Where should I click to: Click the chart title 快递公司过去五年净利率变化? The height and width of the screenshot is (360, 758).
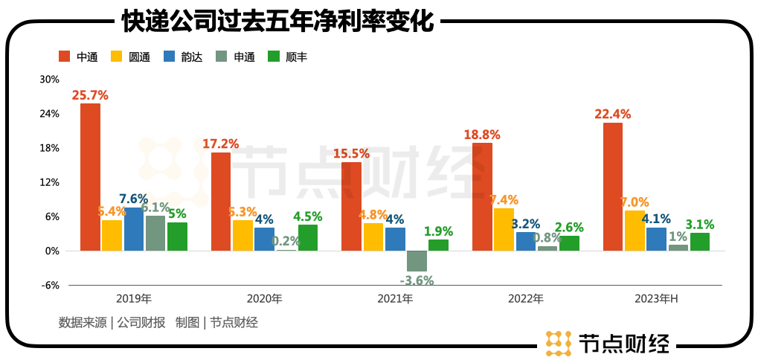point(277,20)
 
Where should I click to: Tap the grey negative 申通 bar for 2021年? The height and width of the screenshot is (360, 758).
point(417,261)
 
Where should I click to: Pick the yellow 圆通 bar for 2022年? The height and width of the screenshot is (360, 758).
point(504,229)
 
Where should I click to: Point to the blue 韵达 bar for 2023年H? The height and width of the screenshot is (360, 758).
point(656,239)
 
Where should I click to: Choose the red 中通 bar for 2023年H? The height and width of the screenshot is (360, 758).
point(613,187)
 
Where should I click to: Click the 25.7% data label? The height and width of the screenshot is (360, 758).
point(90,95)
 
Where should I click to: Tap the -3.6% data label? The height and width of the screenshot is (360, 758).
point(417,280)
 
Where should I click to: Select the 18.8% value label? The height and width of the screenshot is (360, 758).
point(482,135)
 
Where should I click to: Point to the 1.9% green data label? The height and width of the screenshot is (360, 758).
point(439,231)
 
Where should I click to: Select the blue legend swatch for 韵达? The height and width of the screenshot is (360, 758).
point(168,57)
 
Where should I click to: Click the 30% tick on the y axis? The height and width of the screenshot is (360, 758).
point(49,80)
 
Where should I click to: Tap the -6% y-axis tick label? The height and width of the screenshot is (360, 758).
point(49,285)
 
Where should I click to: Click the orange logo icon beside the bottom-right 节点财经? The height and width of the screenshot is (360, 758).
point(559,344)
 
